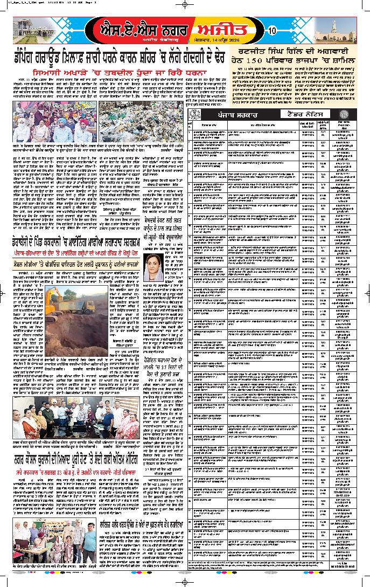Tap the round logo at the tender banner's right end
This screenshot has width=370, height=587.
tap(353, 115)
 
